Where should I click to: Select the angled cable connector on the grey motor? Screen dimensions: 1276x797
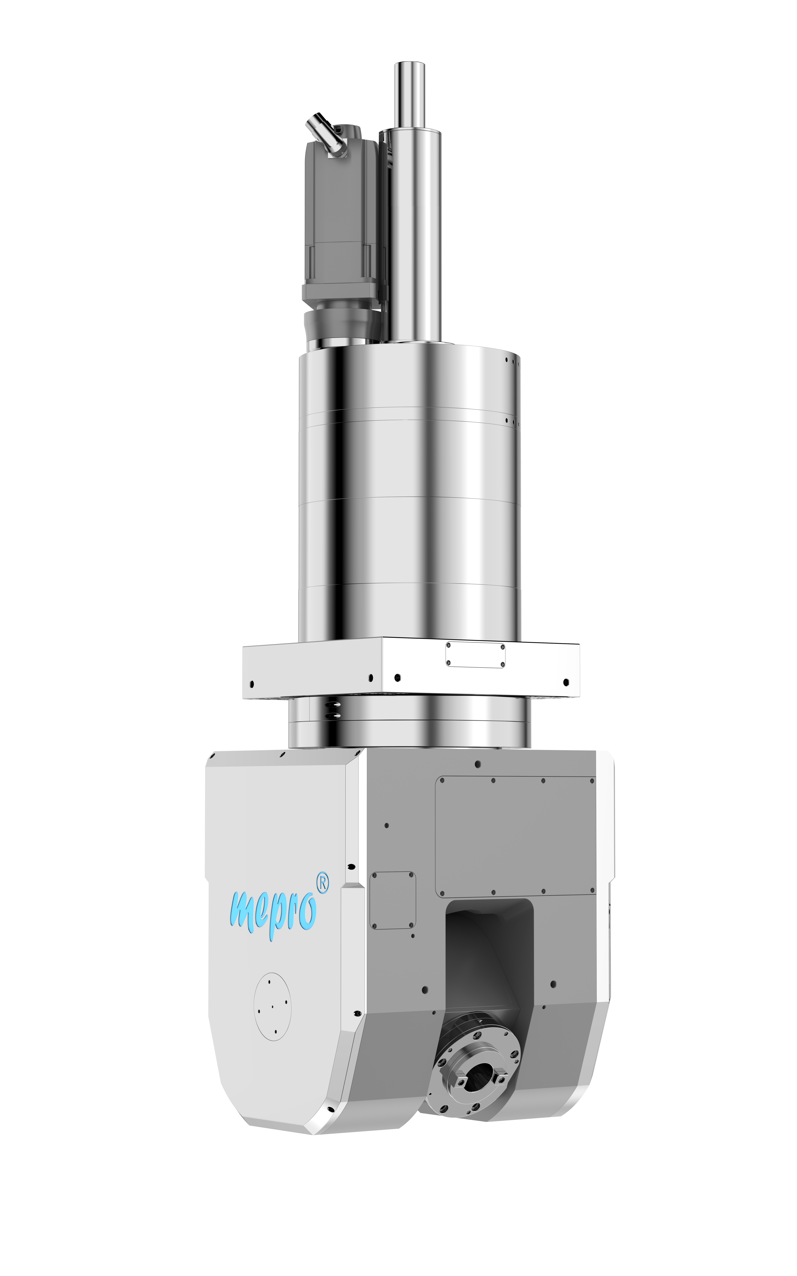pos(325,134)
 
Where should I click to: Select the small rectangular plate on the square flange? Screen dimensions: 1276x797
pos(475,655)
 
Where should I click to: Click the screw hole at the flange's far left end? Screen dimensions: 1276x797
pos(251,684)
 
